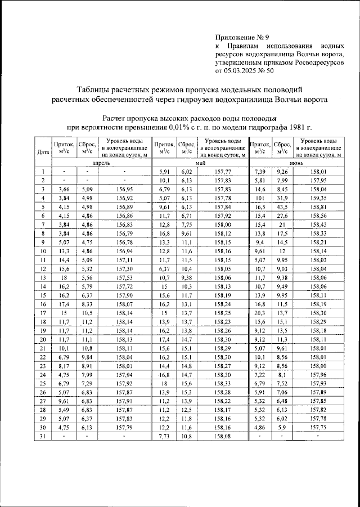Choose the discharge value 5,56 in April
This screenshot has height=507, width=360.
point(87,277)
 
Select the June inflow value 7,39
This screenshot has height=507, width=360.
point(260,171)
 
